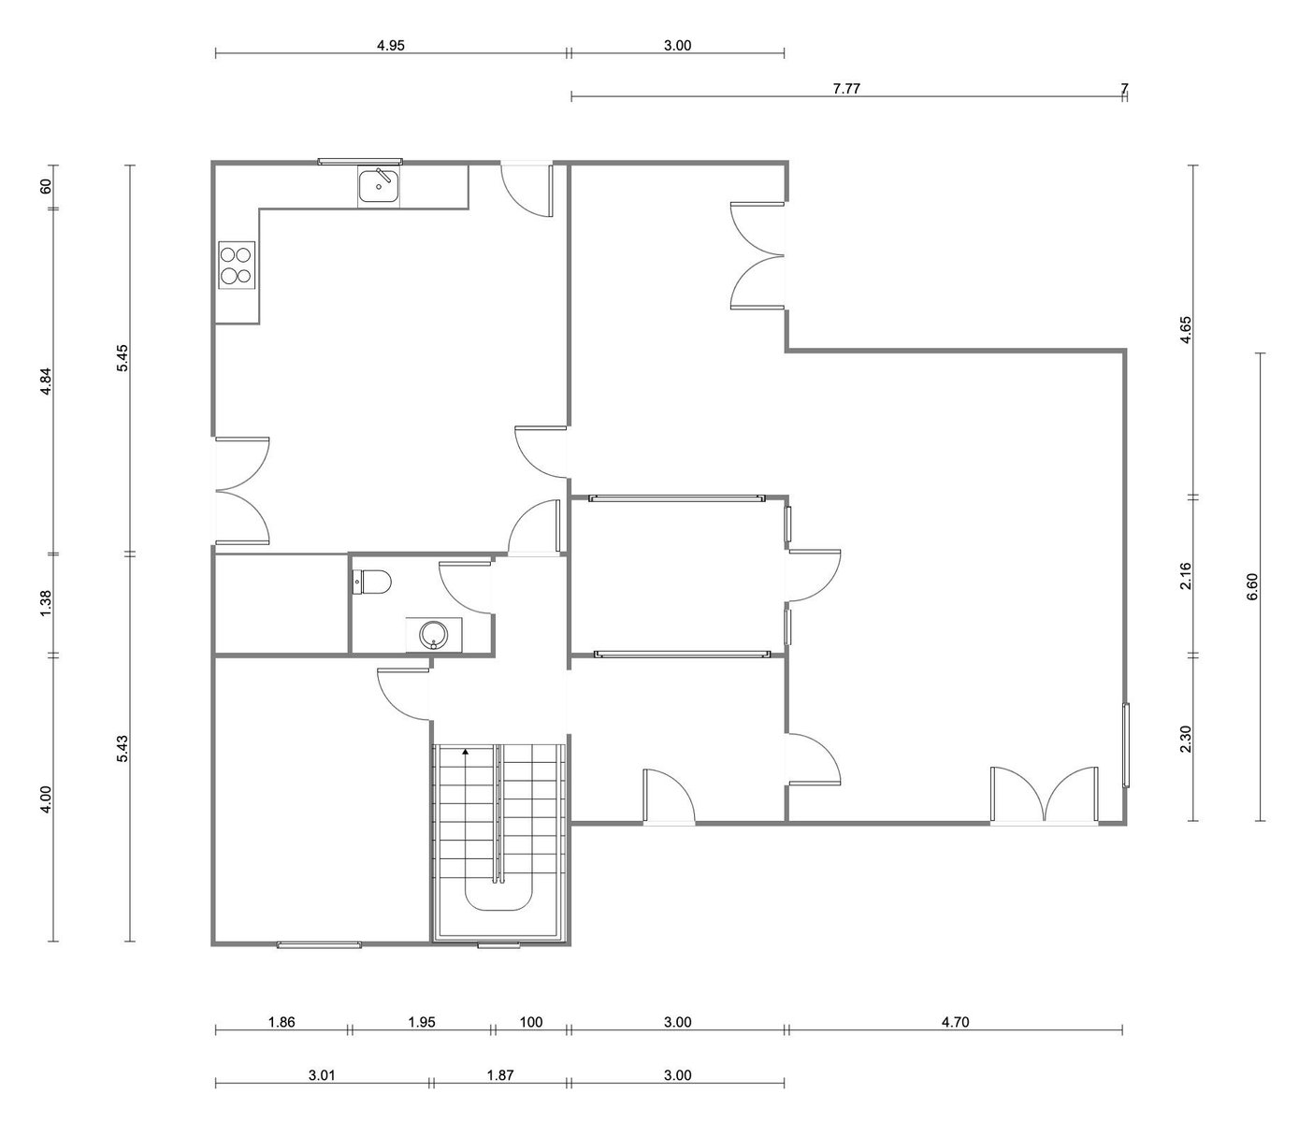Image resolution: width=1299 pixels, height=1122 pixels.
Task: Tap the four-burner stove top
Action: (237, 266)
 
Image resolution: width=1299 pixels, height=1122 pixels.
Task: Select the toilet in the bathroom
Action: (372, 582)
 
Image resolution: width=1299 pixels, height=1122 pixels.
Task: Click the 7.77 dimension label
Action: (846, 89)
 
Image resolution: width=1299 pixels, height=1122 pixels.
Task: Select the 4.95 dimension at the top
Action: (391, 45)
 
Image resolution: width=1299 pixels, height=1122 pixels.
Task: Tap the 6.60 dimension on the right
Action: (1252, 587)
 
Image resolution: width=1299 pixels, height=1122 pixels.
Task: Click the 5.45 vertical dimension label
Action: (123, 358)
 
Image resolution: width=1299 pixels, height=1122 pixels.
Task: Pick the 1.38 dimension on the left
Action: (46, 603)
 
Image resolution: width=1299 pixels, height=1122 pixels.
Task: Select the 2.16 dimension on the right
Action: (1186, 576)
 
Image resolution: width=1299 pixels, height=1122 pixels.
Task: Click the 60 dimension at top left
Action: (46, 187)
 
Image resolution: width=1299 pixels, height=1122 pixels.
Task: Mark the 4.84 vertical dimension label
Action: (46, 381)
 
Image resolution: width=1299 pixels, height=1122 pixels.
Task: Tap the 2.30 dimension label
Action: (1186, 739)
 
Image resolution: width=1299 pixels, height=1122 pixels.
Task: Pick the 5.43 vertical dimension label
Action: (123, 749)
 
